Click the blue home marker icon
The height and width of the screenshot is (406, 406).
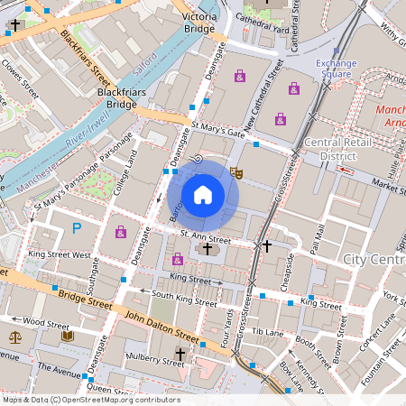[203, 193]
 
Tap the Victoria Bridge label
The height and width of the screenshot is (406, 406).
[199, 23]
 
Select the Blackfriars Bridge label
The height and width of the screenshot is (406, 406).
[115, 98]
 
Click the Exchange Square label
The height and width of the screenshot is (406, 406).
[337, 69]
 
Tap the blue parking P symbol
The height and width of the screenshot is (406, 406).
[77, 228]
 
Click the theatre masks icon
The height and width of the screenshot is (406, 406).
[236, 171]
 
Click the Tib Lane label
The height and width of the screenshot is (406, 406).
[269, 333]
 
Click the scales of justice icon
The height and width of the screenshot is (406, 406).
[14, 337]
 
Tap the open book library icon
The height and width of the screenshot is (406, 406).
[67, 337]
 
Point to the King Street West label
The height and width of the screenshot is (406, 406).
[60, 255]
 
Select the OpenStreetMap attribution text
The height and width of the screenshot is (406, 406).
[91, 399]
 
